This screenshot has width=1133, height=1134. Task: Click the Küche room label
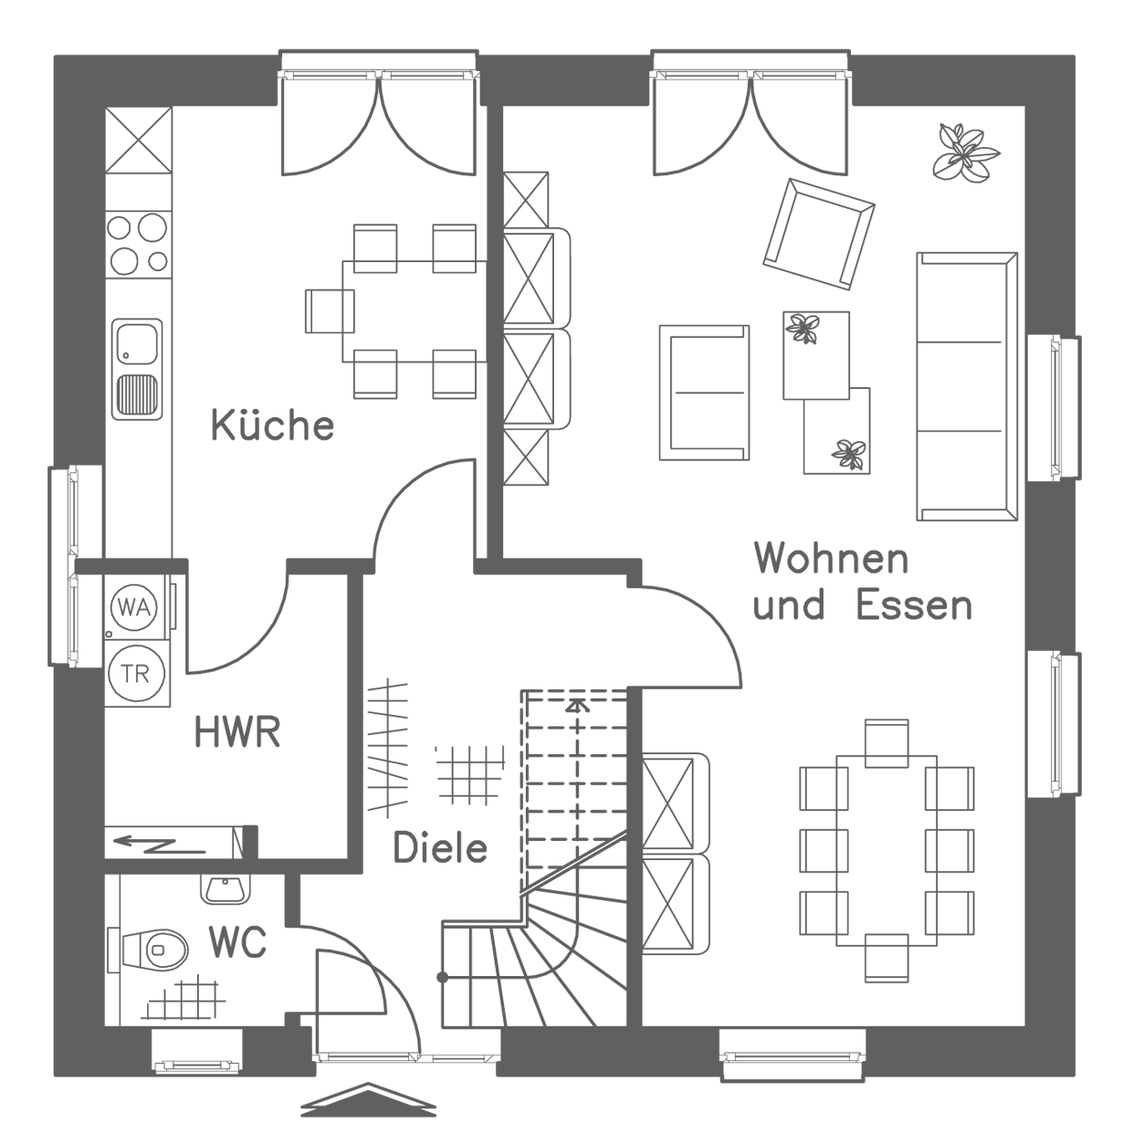coord(272,425)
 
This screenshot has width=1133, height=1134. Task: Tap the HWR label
coord(237,732)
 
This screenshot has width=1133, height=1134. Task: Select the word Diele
coord(440,848)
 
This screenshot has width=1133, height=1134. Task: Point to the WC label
coord(237,943)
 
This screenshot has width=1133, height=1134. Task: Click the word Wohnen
coord(831,558)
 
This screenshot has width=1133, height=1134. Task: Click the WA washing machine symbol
coord(134,605)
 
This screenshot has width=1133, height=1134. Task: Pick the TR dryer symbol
coord(134,676)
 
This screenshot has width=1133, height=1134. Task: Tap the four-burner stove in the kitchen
coord(138,243)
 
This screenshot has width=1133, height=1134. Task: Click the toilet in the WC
coord(155,950)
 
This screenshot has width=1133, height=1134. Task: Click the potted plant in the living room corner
coord(964,151)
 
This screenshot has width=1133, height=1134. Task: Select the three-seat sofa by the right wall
coord(966,386)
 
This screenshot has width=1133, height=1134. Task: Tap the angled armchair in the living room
coord(818,234)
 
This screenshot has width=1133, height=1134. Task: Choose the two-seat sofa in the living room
coord(704,392)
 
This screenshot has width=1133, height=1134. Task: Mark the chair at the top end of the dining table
coord(886,741)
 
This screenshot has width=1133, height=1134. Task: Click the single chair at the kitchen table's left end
coord(329,311)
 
